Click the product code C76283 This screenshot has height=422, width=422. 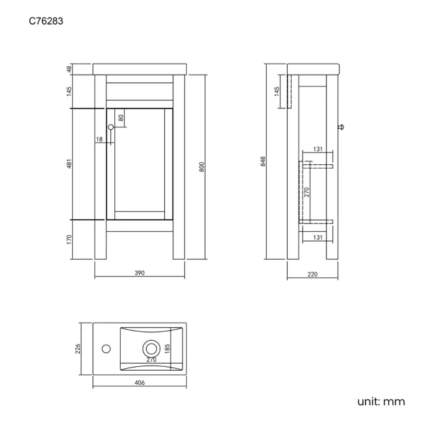45,21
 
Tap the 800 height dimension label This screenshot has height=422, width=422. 202,166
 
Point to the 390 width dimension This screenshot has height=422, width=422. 140,273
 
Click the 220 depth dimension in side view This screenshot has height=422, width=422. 312,274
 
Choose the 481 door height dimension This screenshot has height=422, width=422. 69,165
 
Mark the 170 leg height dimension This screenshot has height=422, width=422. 69,239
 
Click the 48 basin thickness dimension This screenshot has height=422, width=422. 69,69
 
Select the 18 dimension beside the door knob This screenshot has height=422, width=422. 99,140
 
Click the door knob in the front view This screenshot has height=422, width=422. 111,127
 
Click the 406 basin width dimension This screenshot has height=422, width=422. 140,382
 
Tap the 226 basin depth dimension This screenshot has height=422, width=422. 77,349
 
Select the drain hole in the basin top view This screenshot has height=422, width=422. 151,348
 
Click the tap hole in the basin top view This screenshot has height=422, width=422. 105,348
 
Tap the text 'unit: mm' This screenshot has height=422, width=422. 381,401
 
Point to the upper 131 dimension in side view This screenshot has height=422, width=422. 317,149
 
